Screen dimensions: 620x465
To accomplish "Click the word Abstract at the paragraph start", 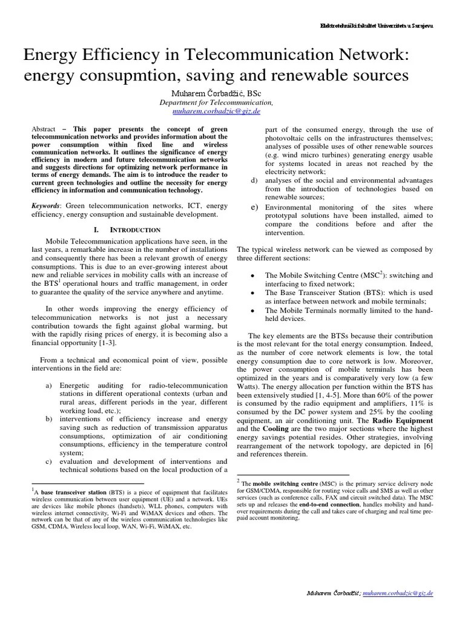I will coord(44,130).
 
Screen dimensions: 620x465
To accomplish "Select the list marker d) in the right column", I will coord(254,181).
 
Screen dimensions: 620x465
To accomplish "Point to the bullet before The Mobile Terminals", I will coord(252,310).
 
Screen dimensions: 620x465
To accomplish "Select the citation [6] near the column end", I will coord(427,446).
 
